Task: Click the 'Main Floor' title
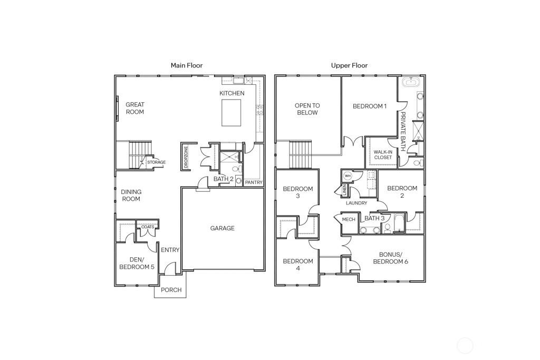click(186, 65)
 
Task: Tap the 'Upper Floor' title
click(349, 65)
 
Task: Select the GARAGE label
click(222, 228)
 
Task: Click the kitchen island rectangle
click(232, 113)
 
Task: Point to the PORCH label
click(171, 290)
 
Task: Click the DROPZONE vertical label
click(186, 157)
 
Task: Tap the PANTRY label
click(254, 182)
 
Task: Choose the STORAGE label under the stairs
click(156, 162)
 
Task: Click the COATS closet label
click(148, 227)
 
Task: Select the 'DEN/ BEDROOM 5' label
click(136, 263)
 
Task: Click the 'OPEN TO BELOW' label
click(307, 109)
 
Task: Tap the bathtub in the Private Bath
click(410, 82)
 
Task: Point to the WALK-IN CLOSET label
click(383, 154)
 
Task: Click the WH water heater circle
click(348, 176)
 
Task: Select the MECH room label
click(349, 219)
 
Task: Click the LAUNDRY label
click(356, 203)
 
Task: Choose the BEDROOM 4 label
click(298, 265)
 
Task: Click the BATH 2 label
click(224, 179)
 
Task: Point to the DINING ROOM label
click(131, 196)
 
